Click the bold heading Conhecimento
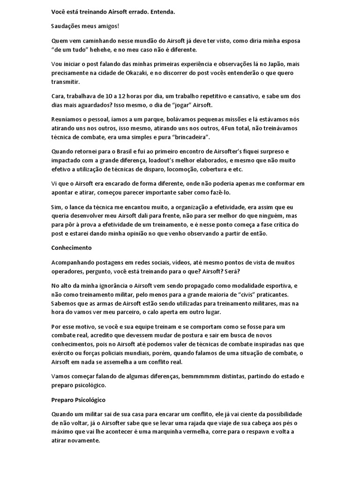pyautogui.click(x=71, y=247)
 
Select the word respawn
pyautogui.click(x=269, y=432)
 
